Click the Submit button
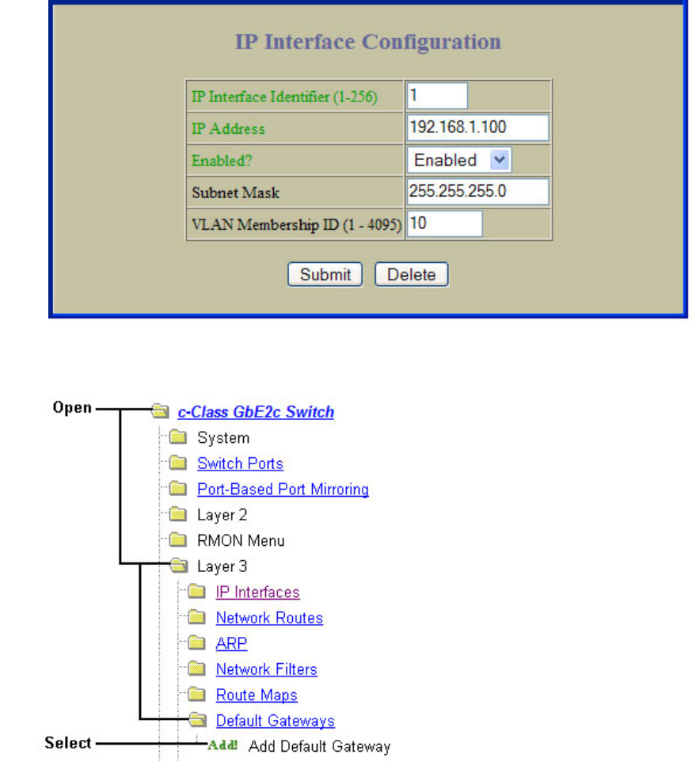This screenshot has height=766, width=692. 325,274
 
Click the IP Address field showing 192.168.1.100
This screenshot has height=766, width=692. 477,128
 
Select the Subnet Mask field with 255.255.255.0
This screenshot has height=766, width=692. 477,192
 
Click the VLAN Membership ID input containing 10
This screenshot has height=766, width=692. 444,223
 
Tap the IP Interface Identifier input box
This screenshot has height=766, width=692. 437,96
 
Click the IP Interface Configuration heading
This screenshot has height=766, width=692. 367,42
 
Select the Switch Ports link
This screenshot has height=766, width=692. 240,463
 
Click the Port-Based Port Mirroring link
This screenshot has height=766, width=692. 283,490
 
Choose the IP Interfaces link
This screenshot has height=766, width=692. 257,593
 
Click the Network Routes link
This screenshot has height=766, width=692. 269,618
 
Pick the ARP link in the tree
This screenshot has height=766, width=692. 231,644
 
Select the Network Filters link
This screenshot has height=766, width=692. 266,669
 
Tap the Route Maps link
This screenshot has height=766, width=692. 257,695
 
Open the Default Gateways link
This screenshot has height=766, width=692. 275,721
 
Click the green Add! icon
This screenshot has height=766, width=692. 223,746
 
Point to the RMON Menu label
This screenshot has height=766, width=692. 241,541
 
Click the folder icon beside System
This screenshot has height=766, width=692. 177,438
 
